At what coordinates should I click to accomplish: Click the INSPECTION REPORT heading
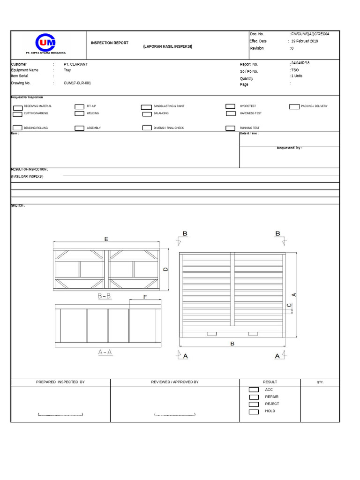(109, 43)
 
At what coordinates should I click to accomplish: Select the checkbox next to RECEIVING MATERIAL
(18, 107)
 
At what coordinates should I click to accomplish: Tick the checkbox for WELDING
(79, 113)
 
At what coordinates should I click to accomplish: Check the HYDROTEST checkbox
(230, 106)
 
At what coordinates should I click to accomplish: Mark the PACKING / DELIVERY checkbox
(294, 106)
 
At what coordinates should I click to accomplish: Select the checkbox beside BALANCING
(146, 113)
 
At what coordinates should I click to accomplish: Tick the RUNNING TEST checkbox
(230, 128)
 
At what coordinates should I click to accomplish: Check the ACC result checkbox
(254, 390)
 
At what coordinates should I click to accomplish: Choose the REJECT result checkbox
(254, 404)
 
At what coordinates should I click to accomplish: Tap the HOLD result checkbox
(254, 412)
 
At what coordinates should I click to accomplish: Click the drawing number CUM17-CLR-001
(77, 83)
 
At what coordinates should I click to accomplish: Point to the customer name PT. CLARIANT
(75, 64)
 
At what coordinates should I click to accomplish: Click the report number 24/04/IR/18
(300, 63)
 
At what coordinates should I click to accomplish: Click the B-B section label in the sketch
(104, 296)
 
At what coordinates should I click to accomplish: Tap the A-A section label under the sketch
(105, 352)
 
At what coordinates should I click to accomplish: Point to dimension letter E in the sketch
(106, 239)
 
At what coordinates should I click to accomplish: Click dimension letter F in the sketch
(145, 297)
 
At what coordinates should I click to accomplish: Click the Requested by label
(289, 148)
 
